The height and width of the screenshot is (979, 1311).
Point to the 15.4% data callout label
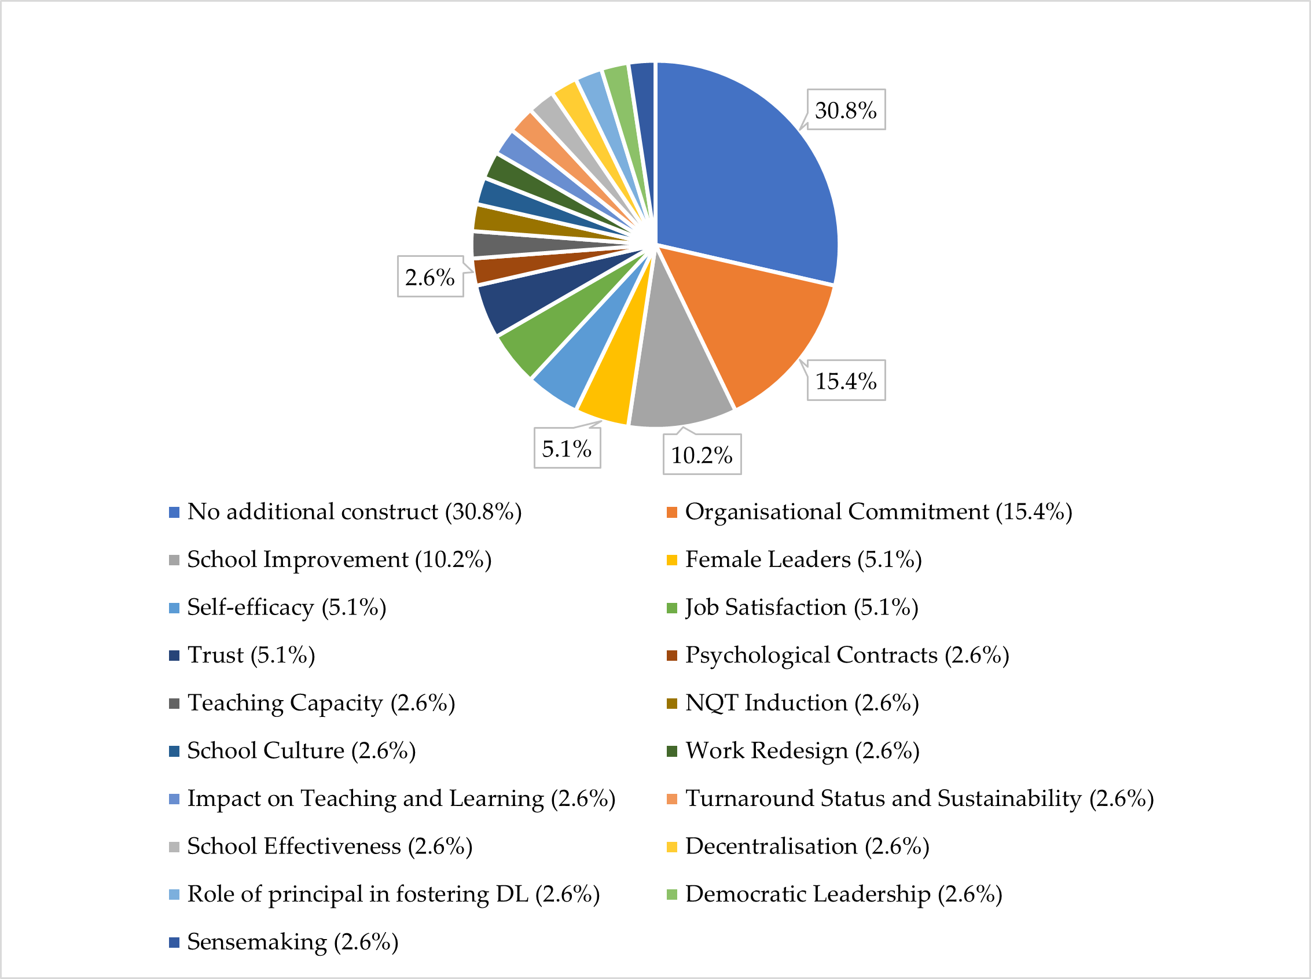point(846,381)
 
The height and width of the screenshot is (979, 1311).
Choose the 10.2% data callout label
point(702,455)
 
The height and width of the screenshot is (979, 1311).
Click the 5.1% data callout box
point(567,448)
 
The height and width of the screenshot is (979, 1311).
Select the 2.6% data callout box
point(429,277)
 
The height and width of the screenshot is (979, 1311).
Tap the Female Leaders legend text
point(803,560)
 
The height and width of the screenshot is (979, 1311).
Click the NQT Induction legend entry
point(801,703)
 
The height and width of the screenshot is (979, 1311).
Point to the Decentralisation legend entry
point(807,846)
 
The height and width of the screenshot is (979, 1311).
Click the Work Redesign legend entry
point(802,751)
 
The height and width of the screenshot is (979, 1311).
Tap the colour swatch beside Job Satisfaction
point(671,608)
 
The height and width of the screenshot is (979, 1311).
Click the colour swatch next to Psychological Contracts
point(671,656)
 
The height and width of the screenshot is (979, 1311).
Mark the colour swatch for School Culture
point(174,752)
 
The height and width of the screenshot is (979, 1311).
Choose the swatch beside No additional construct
point(174,513)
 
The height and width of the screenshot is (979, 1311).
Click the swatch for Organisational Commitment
point(671,513)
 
